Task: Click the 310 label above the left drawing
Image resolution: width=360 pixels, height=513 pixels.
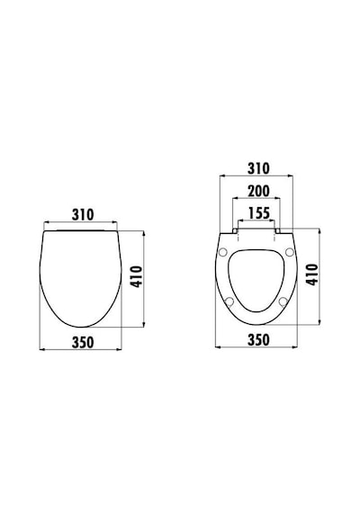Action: pyautogui.click(x=83, y=215)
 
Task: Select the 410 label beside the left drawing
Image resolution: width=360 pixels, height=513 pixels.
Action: pyautogui.click(x=136, y=277)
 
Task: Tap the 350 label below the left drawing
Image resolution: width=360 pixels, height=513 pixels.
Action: pyautogui.click(x=83, y=342)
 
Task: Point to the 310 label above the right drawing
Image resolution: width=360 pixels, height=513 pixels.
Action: pyautogui.click(x=258, y=168)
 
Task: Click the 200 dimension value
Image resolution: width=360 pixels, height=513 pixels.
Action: pyautogui.click(x=258, y=191)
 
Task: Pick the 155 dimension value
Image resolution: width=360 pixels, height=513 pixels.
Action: pyautogui.click(x=259, y=213)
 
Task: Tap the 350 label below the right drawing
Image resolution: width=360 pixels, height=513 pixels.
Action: pyautogui.click(x=258, y=339)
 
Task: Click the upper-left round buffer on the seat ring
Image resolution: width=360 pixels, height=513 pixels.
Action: pyautogui.click(x=223, y=252)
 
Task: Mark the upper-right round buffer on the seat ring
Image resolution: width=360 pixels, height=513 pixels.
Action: pyautogui.click(x=289, y=252)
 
